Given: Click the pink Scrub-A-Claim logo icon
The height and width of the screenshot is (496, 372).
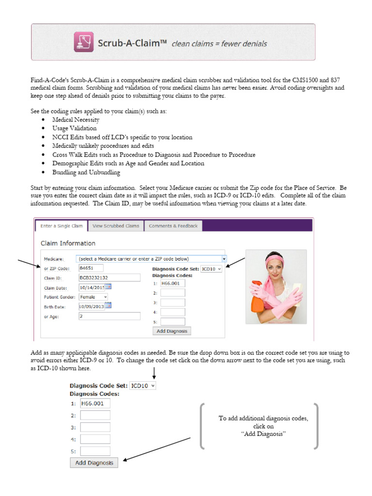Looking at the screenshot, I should (84, 42).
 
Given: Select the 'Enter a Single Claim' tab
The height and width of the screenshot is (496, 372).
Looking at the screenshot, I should (62, 226).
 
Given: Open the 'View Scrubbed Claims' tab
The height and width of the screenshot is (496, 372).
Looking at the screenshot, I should (116, 226).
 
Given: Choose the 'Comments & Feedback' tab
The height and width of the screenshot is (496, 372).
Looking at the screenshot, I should (173, 226).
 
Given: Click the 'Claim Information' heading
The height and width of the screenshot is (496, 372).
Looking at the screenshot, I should (68, 243).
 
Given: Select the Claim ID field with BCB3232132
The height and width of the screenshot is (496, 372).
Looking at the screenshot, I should (109, 278).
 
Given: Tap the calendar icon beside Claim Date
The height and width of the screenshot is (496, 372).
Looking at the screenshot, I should (108, 287).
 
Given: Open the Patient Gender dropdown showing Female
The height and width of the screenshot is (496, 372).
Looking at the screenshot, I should (93, 296).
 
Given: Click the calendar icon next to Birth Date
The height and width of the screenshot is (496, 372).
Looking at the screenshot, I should (108, 306).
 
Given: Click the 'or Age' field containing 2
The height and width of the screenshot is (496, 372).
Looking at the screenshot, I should (109, 316).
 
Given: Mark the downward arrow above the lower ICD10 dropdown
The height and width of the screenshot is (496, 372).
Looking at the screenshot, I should (154, 373).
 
